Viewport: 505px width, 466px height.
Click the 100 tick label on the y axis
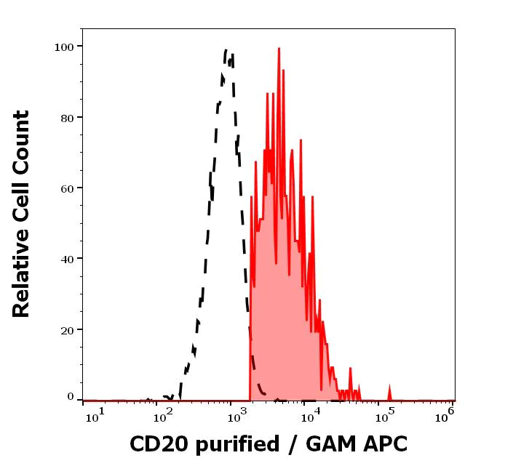point(65,47)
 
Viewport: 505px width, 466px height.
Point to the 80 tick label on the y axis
point(68,117)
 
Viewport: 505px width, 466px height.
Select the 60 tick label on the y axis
point(68,188)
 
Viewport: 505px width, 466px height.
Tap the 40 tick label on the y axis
point(68,258)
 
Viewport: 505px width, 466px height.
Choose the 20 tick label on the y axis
point(68,329)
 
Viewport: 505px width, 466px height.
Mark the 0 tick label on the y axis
point(71,397)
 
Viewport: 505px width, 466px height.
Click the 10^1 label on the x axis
point(95,414)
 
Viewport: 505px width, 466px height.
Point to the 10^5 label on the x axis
point(382,414)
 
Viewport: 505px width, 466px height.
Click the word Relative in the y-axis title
point(22,278)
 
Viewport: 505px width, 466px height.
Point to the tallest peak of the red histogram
point(279,49)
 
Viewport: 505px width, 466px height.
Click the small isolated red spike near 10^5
point(389,392)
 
